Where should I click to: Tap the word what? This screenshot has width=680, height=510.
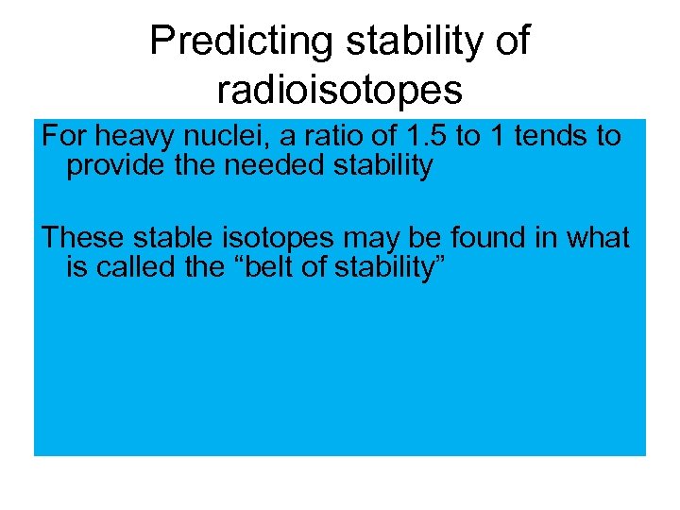[596, 238]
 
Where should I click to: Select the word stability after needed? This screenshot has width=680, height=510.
[378, 166]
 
